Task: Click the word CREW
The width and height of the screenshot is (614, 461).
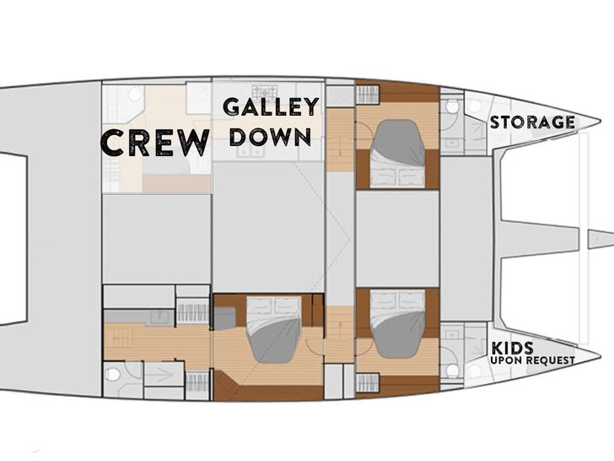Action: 155,142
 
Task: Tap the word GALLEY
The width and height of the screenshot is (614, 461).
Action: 270,106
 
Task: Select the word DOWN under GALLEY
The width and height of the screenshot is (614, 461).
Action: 270,136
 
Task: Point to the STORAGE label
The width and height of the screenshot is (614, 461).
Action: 532,122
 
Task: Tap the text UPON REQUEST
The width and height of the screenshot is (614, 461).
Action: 533,361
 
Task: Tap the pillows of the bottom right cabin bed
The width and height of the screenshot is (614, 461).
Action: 397,300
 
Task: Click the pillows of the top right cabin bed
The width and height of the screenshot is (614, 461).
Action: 396,176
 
